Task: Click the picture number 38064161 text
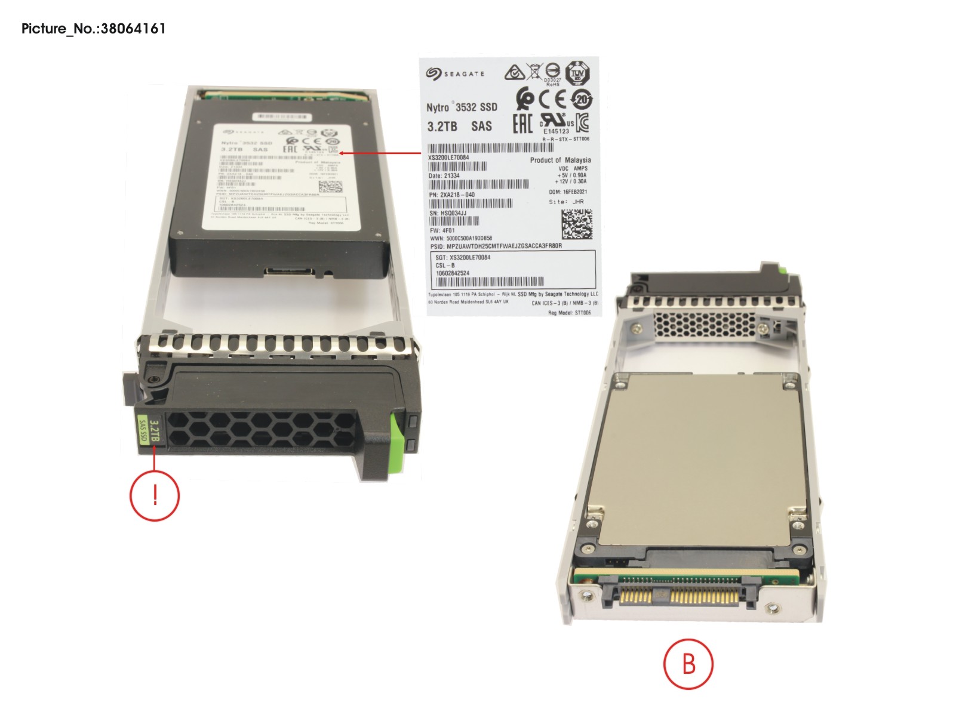pyautogui.click(x=93, y=29)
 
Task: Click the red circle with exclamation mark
pyautogui.click(x=155, y=495)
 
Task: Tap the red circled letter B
pyautogui.click(x=688, y=664)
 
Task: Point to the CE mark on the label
pyautogui.click(x=552, y=99)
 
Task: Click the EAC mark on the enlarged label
pyautogui.click(x=522, y=123)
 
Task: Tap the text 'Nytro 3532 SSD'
pyautogui.click(x=462, y=107)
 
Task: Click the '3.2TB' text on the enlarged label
pyautogui.click(x=442, y=127)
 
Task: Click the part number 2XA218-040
pyautogui.click(x=452, y=195)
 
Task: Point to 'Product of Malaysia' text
pyautogui.click(x=560, y=160)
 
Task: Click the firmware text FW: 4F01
pyautogui.click(x=442, y=230)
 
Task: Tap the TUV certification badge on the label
pyautogui.click(x=577, y=73)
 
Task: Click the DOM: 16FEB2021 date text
pyautogui.click(x=568, y=192)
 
